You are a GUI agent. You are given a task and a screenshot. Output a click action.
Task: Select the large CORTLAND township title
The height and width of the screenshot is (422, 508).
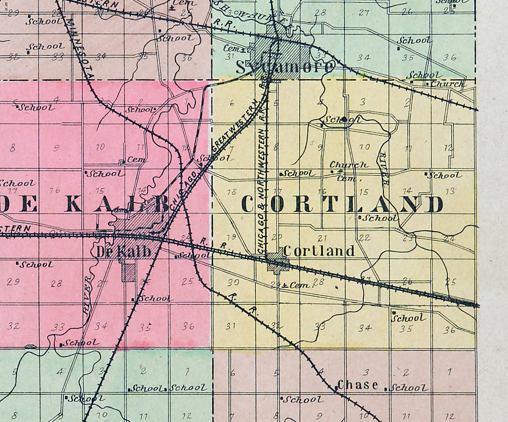coord(342,204)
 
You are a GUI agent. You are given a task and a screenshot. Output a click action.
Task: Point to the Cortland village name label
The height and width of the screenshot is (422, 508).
coord(319,251)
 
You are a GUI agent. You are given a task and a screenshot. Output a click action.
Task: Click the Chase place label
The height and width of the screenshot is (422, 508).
coord(358,385)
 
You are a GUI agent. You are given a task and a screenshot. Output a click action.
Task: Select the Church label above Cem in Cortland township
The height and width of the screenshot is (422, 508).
coord(348,165)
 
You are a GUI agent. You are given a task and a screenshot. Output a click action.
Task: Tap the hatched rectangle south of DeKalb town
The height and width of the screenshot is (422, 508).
coord(129,273)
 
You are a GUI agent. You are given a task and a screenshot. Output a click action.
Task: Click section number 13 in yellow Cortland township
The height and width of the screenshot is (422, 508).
coord(450,192)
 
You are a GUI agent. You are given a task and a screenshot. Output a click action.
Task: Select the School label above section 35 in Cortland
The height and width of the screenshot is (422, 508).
coord(408,318)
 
